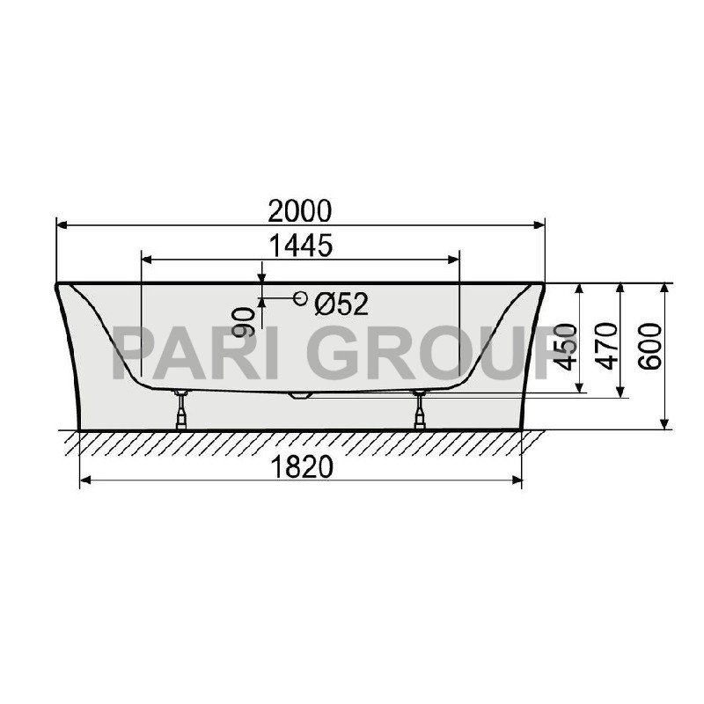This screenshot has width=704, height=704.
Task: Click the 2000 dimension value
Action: (301, 211)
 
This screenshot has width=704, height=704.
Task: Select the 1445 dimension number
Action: (301, 246)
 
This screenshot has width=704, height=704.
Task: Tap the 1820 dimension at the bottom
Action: (301, 468)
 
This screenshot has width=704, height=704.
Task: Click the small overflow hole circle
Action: (301, 299)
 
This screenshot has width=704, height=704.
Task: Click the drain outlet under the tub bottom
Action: (301, 395)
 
